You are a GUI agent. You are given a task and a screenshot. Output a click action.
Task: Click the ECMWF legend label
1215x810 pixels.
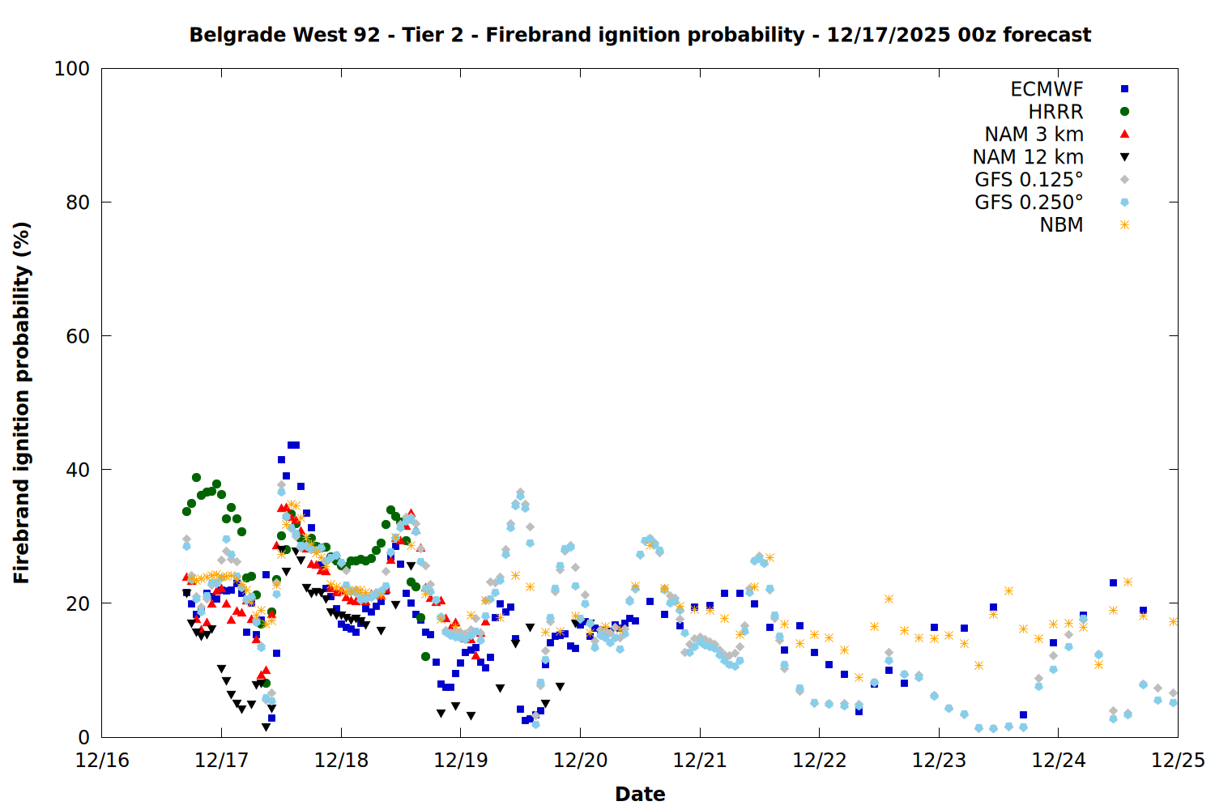1047,89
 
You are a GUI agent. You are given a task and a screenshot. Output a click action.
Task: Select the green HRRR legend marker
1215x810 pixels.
1124,112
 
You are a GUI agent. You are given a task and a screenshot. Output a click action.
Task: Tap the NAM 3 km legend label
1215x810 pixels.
1034,134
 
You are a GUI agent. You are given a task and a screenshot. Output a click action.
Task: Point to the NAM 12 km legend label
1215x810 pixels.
1028,157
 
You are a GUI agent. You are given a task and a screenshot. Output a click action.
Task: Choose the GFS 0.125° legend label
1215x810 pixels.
1029,180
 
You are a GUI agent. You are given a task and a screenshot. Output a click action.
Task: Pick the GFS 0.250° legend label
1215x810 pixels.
1029,202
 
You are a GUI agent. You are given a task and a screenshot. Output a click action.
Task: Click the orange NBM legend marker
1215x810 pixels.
1124,225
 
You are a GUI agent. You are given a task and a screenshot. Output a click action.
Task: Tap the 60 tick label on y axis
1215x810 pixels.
77,336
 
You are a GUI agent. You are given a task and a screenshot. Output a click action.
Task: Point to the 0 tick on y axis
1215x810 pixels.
83,737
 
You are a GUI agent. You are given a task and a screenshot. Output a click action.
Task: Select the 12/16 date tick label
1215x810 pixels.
102,761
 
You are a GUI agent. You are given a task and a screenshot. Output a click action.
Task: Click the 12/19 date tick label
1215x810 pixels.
461,761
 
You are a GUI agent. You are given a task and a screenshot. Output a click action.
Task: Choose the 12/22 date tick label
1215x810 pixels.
820,761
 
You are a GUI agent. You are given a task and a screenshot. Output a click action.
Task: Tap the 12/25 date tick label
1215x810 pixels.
1178,761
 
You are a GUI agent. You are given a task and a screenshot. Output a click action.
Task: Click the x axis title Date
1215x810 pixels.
640,794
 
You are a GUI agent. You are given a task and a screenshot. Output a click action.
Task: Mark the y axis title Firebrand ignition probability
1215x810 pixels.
22,403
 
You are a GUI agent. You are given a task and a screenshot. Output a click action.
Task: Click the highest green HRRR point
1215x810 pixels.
196,477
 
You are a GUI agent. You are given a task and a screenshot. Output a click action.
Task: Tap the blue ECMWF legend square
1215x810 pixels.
1124,89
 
